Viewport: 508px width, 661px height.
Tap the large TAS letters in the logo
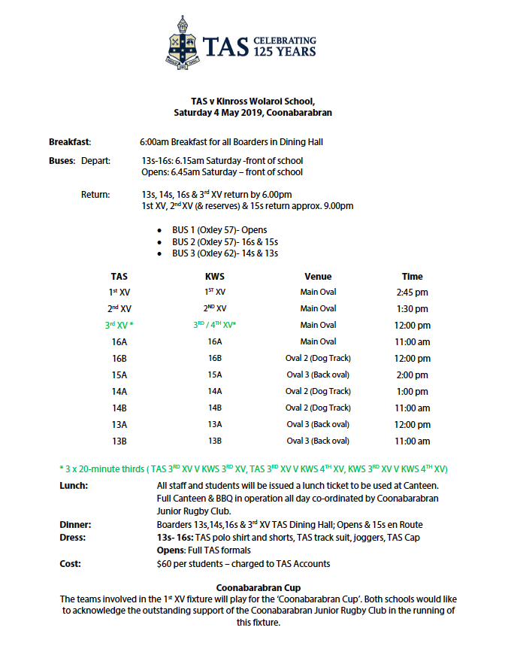[226, 47]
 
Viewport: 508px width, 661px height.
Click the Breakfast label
[69, 141]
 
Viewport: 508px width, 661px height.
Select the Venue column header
[318, 276]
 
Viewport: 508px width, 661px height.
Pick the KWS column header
[215, 276]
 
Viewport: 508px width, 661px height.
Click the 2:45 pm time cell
[412, 293]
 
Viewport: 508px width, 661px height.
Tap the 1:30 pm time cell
[412, 309]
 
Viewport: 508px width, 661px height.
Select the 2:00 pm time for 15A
[412, 374]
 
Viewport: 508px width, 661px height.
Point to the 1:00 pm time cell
[412, 391]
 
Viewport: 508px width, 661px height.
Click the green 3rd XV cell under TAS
[119, 326]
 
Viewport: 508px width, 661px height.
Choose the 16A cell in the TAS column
[119, 341]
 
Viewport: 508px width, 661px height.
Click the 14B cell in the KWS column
[215, 408]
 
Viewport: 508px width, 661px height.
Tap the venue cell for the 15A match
[318, 374]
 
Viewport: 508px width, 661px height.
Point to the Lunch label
[74, 486]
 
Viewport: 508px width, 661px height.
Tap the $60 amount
[163, 563]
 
